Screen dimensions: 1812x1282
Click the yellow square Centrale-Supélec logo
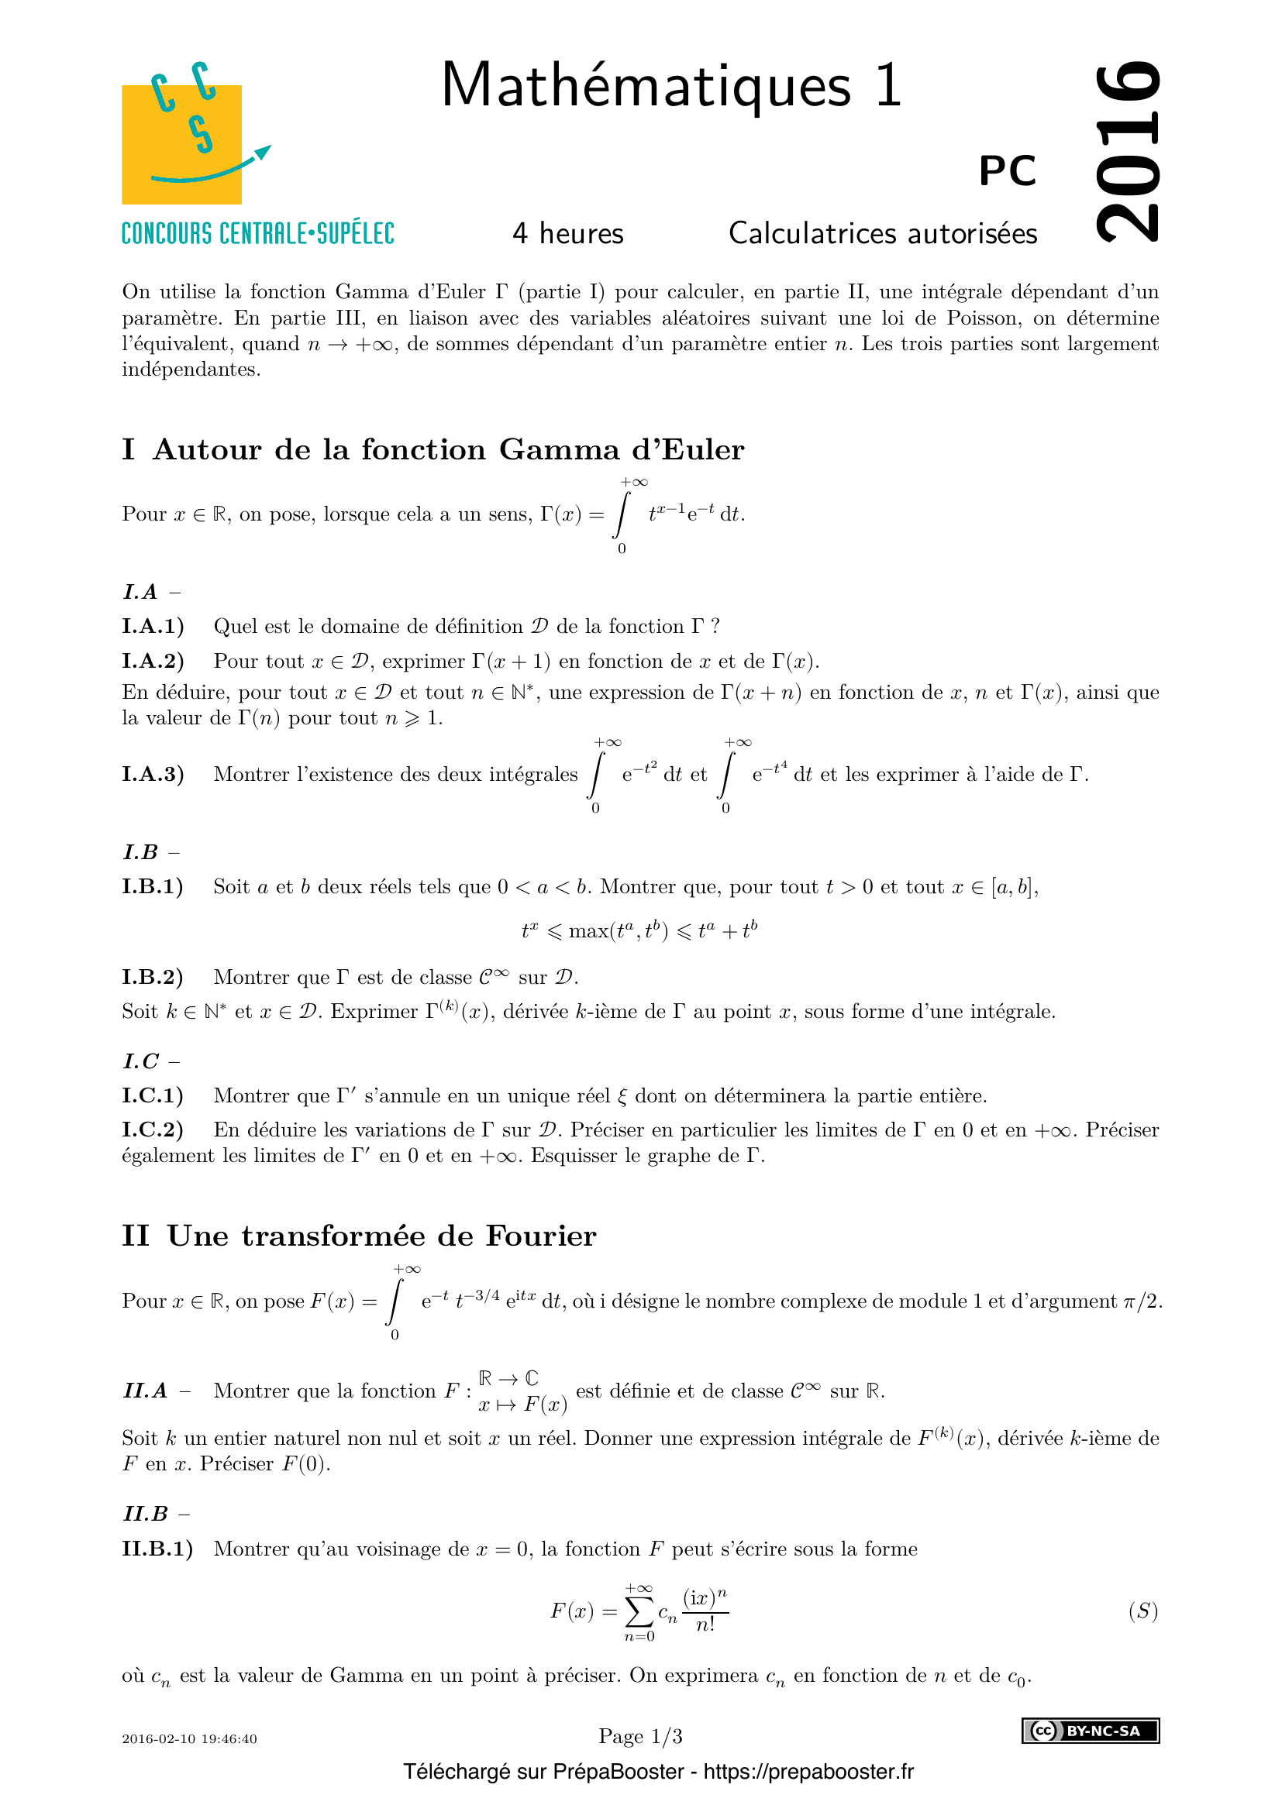point(181,143)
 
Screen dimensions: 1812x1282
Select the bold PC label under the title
point(1008,170)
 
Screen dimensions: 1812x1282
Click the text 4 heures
point(567,234)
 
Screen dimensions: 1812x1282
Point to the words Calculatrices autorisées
point(883,234)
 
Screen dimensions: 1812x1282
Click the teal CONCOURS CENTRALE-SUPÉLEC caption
point(257,234)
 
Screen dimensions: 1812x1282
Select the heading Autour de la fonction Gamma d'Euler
point(448,450)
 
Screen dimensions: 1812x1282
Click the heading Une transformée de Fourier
point(382,1236)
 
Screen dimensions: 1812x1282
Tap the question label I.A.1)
point(153,627)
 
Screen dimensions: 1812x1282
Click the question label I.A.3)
point(153,774)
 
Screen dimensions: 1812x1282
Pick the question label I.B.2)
point(153,977)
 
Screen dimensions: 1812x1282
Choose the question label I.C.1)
point(153,1095)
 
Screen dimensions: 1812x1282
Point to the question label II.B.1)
point(157,1549)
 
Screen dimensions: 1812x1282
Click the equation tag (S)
point(1142,1611)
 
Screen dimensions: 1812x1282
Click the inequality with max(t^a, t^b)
point(639,931)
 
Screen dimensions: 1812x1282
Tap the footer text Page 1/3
point(640,1736)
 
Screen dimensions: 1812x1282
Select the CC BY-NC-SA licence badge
point(1091,1731)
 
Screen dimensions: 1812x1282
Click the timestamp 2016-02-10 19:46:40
point(189,1738)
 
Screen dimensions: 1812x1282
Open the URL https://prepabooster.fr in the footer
point(808,1772)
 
